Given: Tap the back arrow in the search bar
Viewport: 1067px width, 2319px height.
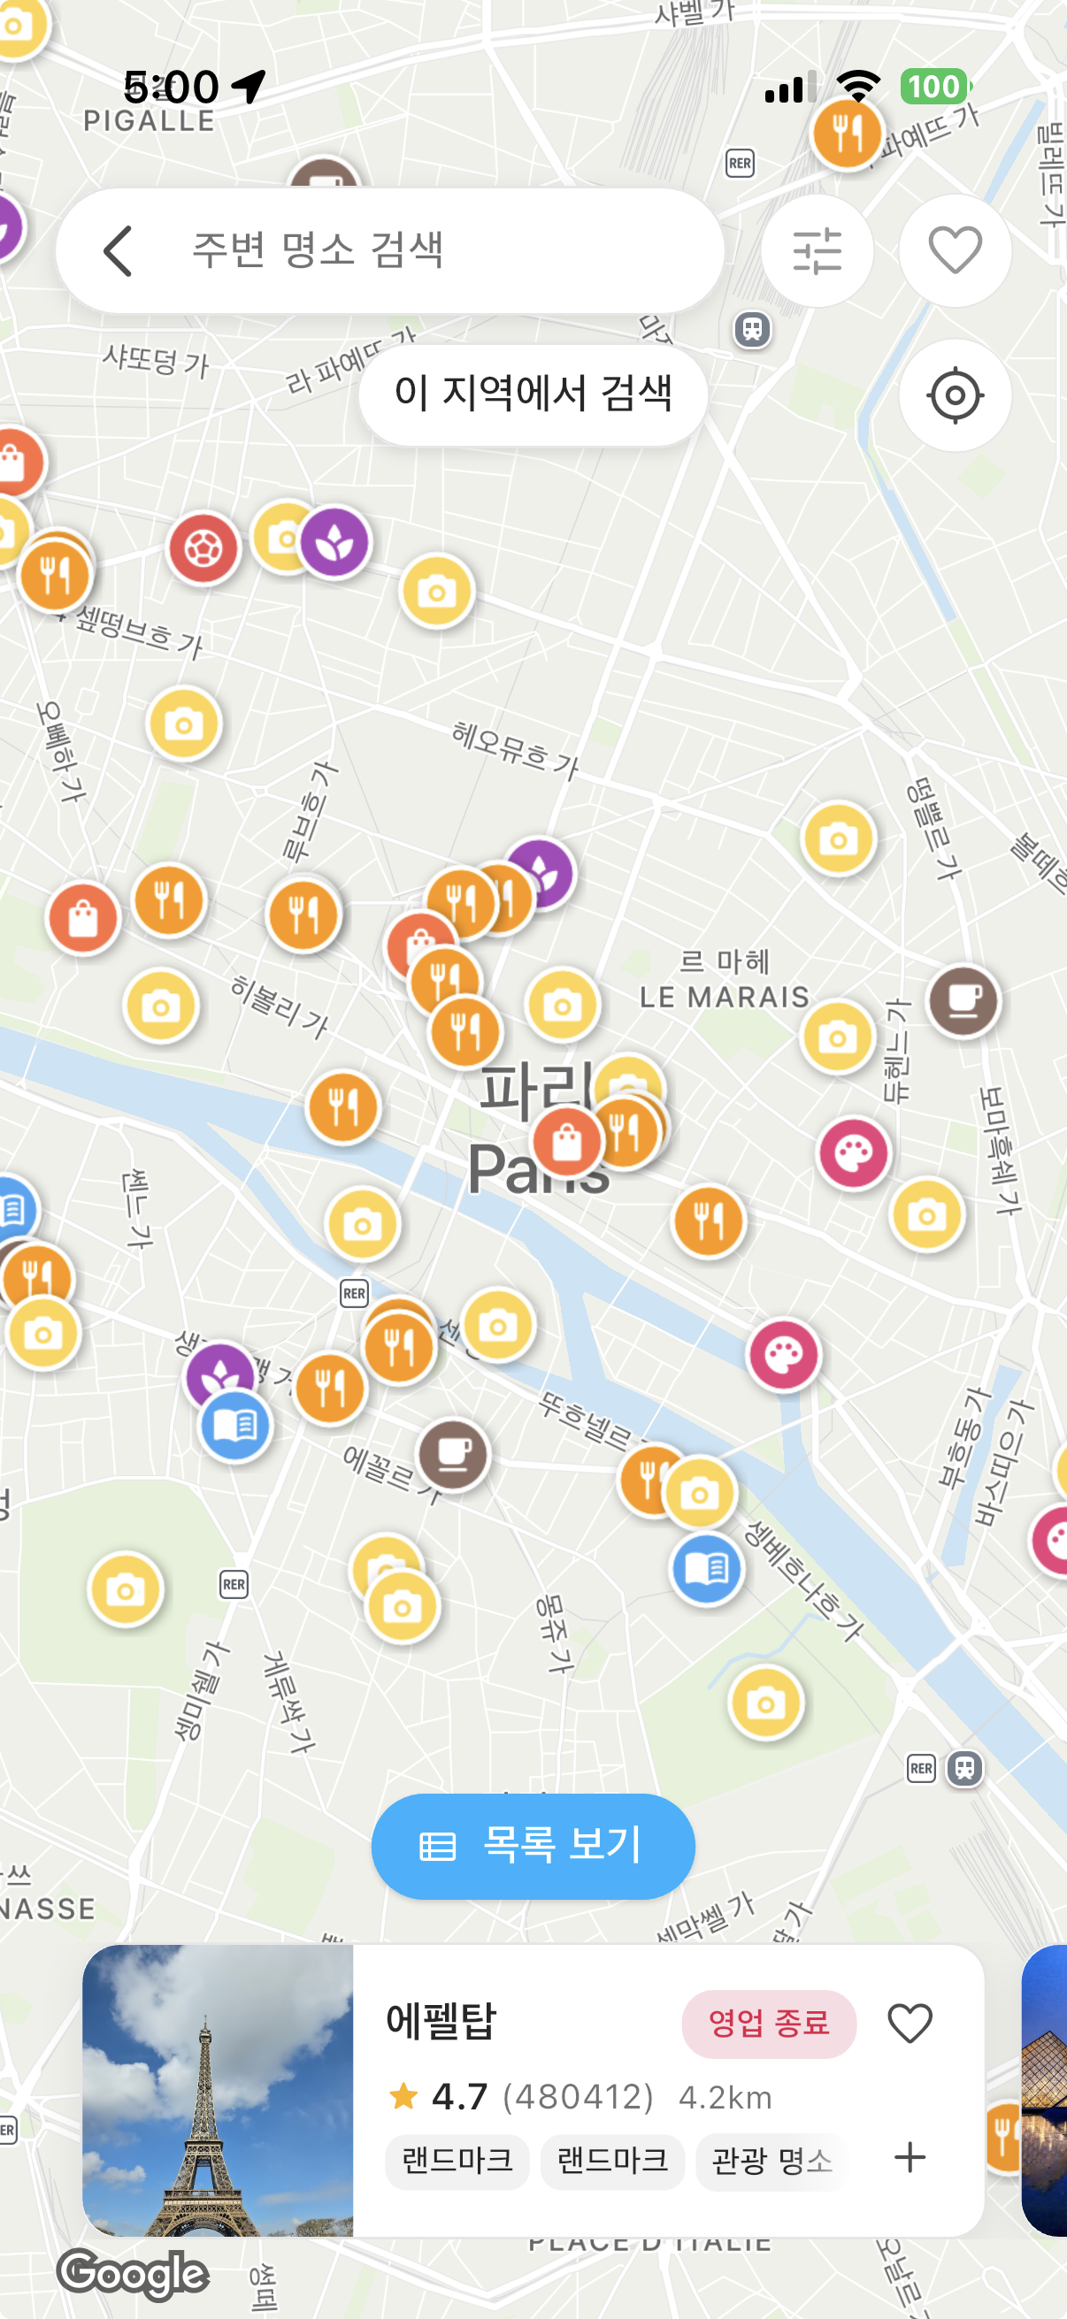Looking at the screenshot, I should pos(118,251).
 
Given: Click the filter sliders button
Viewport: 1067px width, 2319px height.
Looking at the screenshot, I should pos(817,251).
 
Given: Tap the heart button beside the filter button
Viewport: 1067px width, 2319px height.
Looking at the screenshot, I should pos(955,251).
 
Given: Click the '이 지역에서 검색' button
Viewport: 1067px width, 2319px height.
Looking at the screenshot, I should pos(533,394).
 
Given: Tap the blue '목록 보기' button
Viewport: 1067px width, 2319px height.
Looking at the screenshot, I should pos(533,1846).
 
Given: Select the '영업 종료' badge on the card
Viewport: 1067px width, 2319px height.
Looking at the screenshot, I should pos(768,2023).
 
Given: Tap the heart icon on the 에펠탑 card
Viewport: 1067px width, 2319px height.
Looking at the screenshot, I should pos(910,2023).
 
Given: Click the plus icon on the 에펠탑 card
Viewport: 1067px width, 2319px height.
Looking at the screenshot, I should pos(910,2158).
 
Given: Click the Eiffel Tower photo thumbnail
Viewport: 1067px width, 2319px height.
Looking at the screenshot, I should pos(218,2089).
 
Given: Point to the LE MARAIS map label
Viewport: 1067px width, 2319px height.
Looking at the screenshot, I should pos(724,997).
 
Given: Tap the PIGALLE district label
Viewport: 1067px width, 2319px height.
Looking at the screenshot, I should pos(149,121).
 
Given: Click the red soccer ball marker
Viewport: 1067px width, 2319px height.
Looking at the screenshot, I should pos(203,548).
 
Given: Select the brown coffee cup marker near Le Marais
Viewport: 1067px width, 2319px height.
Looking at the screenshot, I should pos(963,1000).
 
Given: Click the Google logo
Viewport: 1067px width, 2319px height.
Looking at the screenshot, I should pos(134,2273).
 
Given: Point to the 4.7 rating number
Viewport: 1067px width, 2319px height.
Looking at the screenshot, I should pos(459,2098).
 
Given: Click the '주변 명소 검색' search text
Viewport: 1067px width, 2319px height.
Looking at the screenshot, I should pos(318,250).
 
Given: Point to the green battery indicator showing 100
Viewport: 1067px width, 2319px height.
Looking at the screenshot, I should pos(934,88).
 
